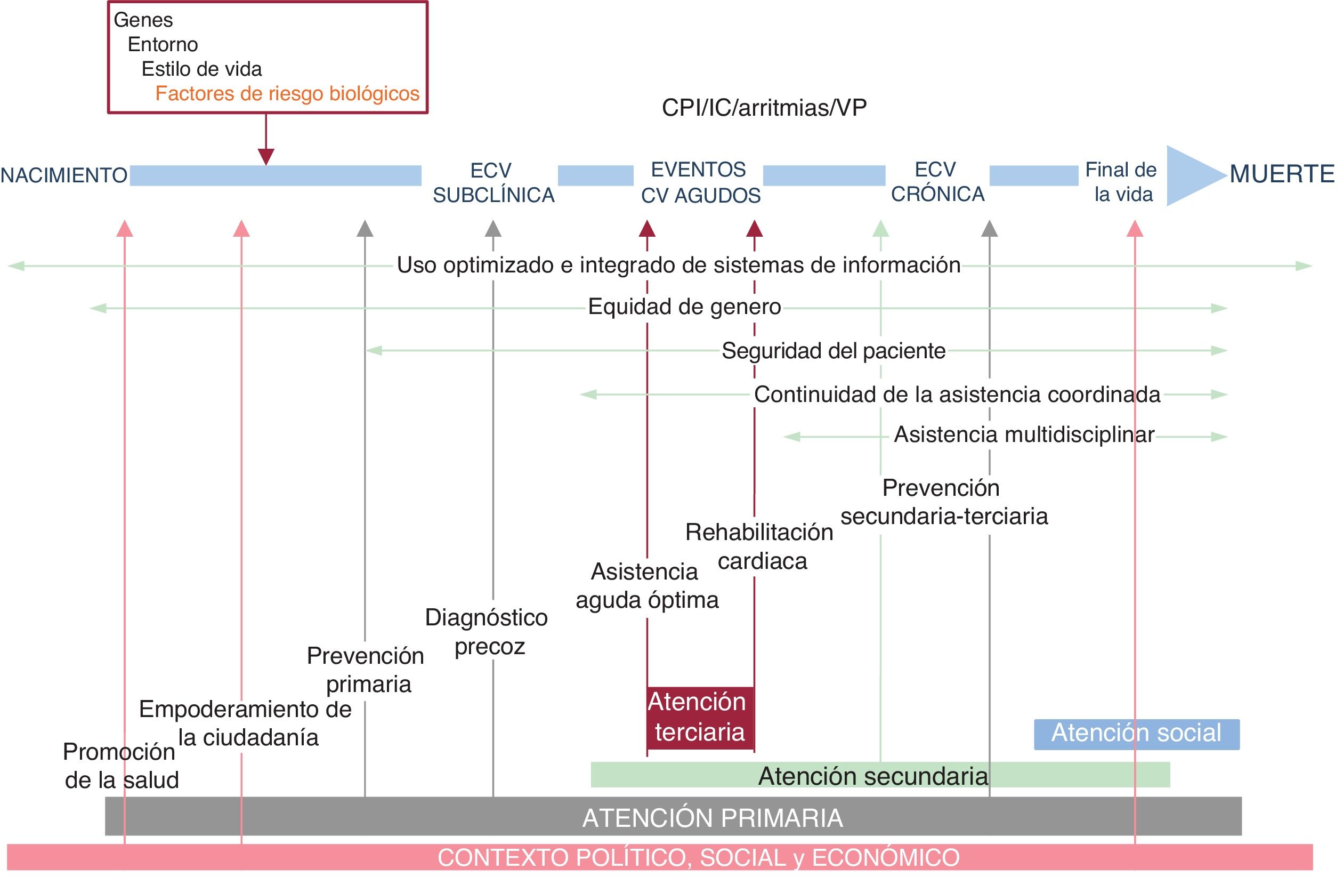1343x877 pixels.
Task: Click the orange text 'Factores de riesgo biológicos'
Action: pos(287,93)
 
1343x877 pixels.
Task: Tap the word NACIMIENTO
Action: pos(64,175)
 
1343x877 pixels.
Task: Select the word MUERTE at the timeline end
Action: pos(1282,174)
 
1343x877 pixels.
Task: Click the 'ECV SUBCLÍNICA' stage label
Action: pos(493,183)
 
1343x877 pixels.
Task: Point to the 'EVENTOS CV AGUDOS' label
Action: pos(700,183)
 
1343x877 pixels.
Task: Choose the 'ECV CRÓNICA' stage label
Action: pos(937,182)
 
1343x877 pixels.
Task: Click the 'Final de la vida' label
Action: pos(1121,182)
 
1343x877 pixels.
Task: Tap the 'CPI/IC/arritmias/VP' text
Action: pos(764,108)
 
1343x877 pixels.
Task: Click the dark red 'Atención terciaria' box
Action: pos(700,717)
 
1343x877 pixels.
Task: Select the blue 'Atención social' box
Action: pos(1136,734)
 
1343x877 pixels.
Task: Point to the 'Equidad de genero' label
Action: pos(684,307)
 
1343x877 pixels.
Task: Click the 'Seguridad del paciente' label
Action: pos(834,351)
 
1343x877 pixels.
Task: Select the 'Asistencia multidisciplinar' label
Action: pos(1024,435)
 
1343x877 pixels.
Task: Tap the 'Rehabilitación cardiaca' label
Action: pos(759,546)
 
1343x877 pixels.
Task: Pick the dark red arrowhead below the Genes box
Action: pos(266,156)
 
